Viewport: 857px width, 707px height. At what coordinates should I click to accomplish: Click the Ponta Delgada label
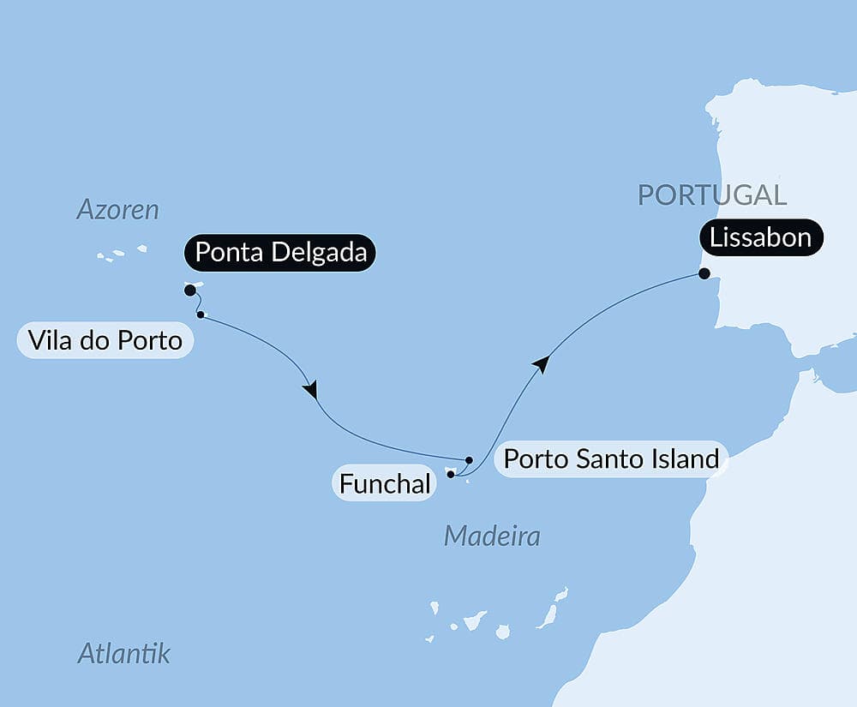tap(280, 254)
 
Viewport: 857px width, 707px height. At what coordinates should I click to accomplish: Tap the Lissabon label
tap(761, 237)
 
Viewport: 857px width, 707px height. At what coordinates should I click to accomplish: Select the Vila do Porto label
tap(105, 341)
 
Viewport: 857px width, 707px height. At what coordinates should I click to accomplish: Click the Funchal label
tap(384, 484)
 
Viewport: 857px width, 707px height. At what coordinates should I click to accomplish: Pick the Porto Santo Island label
tap(610, 459)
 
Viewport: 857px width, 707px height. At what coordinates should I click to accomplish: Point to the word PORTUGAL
tap(712, 195)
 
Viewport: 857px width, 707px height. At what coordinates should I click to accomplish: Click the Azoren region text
tap(118, 210)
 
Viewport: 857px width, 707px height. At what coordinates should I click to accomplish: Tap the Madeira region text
tap(492, 537)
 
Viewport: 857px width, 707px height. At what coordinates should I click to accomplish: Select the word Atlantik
tap(124, 654)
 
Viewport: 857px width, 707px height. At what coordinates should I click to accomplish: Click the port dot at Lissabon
tap(704, 274)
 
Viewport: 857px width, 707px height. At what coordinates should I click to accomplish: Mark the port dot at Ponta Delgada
tap(189, 291)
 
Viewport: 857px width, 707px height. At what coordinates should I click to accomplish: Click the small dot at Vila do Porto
tap(201, 315)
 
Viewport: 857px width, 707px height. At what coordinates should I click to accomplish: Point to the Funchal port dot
tap(451, 473)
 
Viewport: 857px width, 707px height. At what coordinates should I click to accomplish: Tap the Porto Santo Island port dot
tap(469, 460)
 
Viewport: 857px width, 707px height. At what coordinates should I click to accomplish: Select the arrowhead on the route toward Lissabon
tap(540, 364)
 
